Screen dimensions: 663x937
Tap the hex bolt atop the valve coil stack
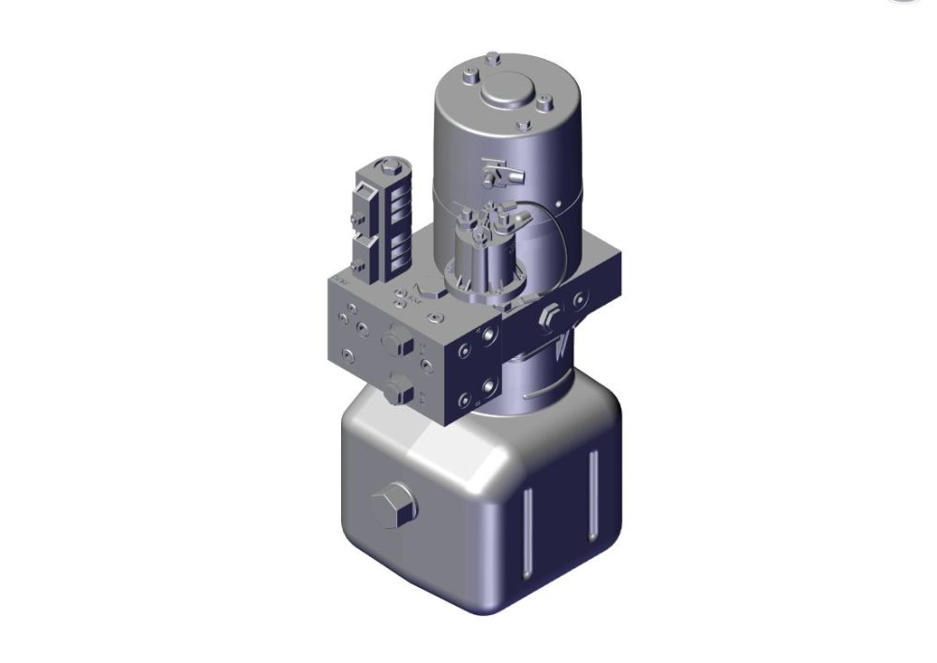(385, 170)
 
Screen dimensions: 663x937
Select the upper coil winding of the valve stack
(392, 203)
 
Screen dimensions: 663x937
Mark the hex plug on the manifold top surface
(427, 291)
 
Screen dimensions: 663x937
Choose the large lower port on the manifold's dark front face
(488, 386)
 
